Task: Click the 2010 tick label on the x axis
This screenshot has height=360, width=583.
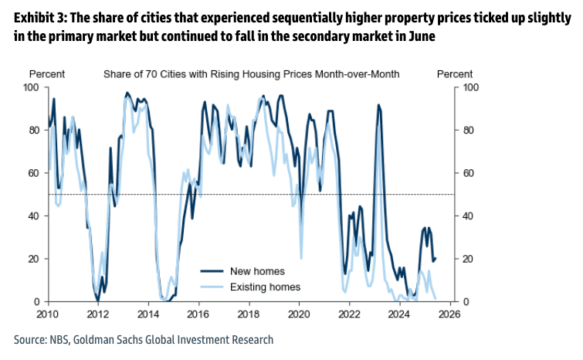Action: (x=47, y=314)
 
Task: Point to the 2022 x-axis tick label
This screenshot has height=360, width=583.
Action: (x=349, y=314)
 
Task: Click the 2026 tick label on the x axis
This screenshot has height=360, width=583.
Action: (x=449, y=314)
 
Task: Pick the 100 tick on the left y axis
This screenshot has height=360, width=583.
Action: (x=32, y=87)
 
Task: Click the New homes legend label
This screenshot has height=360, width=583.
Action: (x=257, y=271)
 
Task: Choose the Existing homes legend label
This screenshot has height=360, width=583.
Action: (x=265, y=287)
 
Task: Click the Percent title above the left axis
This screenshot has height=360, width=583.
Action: (x=47, y=74)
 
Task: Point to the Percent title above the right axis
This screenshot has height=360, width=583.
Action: (x=455, y=74)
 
